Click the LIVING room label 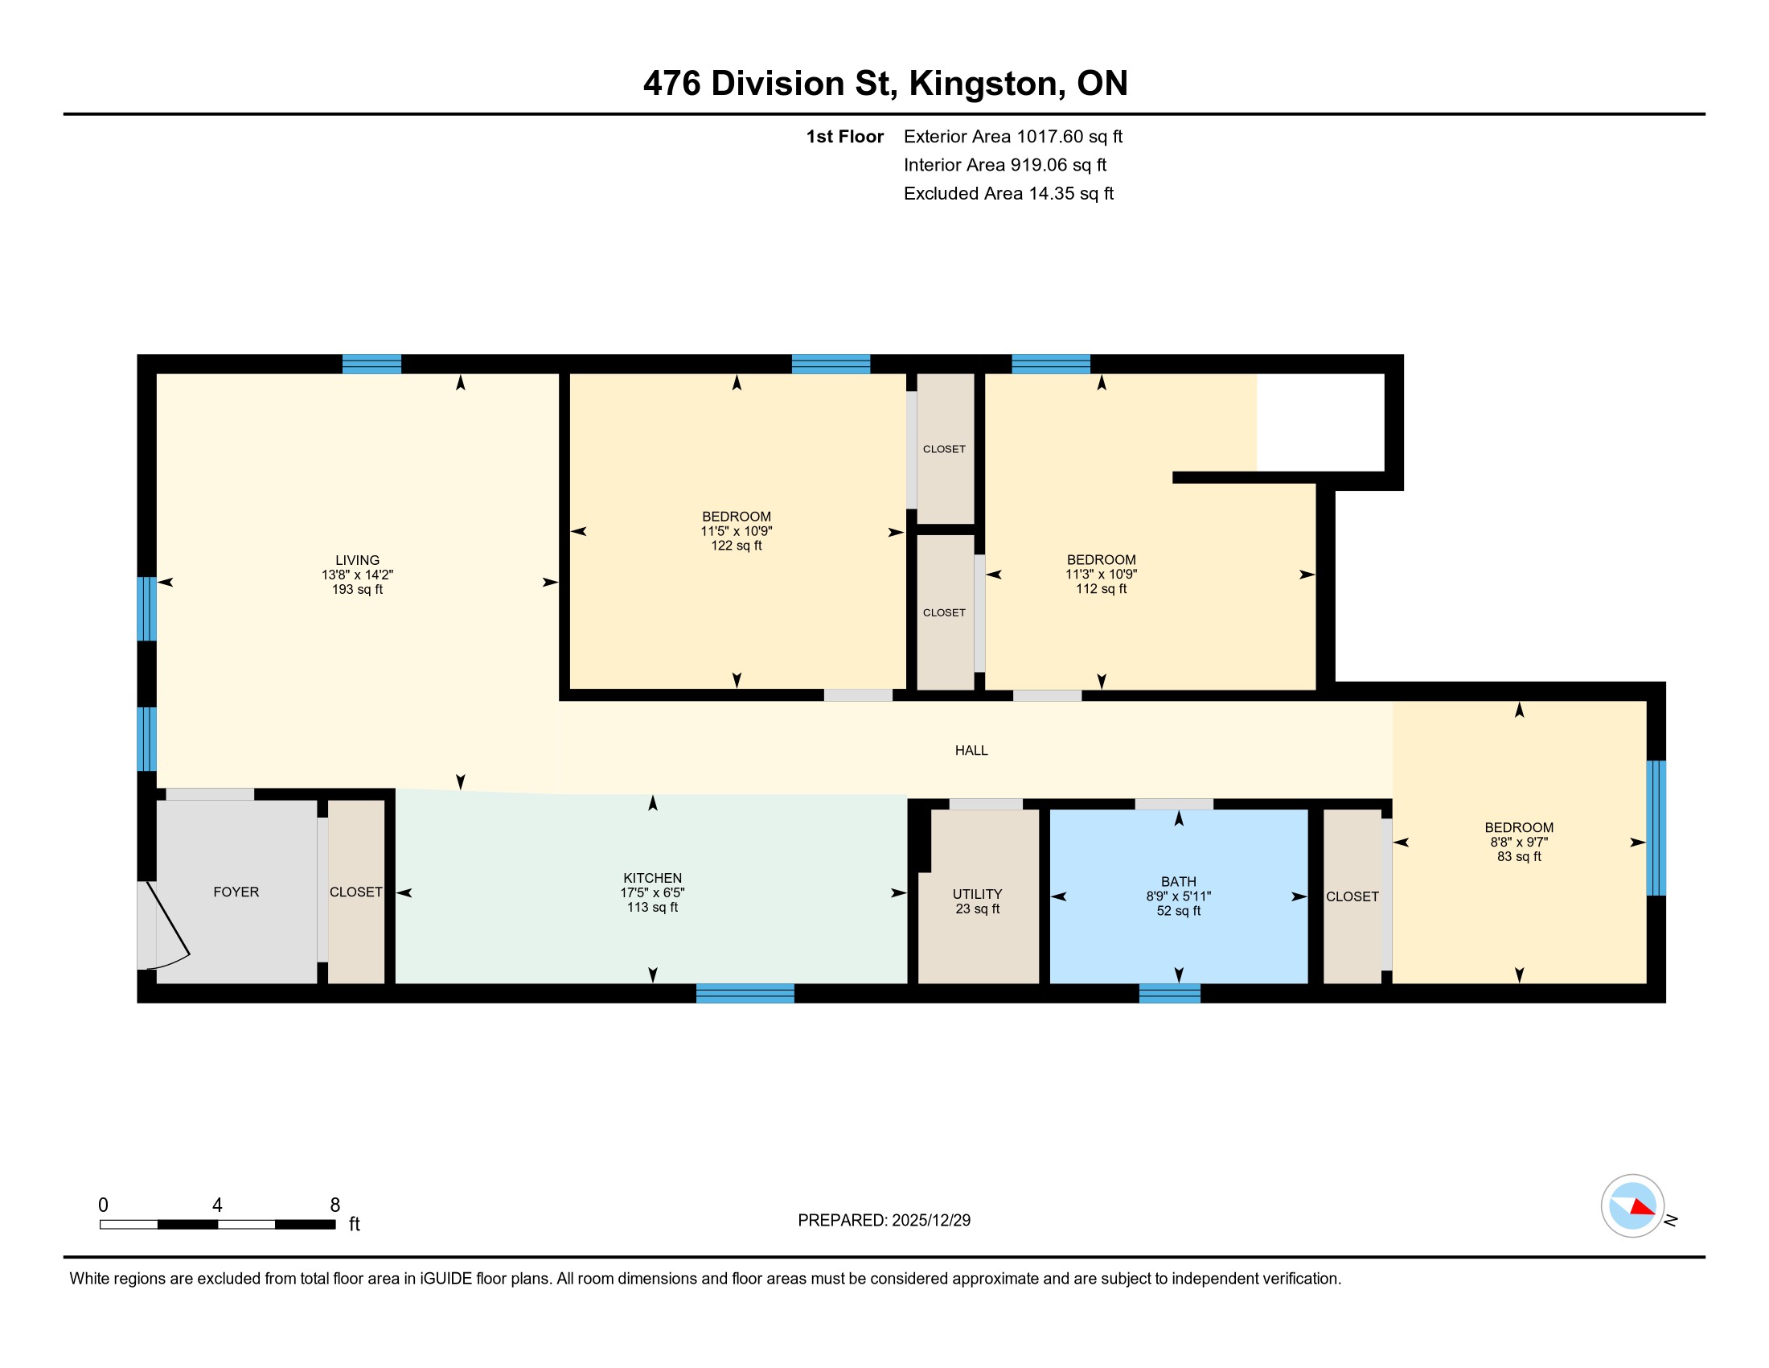pos(357,560)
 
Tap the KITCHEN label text pos(652,878)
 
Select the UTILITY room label pos(977,894)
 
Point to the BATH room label pos(1179,882)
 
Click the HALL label pos(971,751)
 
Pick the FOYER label pos(236,892)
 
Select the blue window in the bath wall pos(1170,993)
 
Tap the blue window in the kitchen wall pos(745,993)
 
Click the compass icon pos(1633,1206)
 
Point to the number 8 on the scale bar pos(335,1205)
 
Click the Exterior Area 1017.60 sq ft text pos(1012,136)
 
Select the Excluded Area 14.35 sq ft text pos(1008,193)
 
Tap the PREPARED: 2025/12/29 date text pos(884,1220)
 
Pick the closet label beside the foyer pos(355,892)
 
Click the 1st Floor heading pos(844,136)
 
